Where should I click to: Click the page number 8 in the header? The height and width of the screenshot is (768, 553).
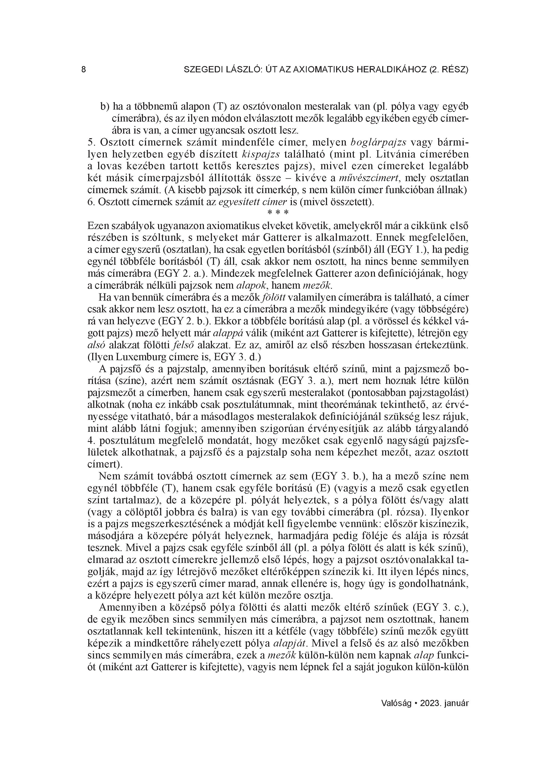(84, 70)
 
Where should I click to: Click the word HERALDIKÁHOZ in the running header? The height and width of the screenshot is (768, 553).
(391, 70)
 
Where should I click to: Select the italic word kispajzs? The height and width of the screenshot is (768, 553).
(261, 154)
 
